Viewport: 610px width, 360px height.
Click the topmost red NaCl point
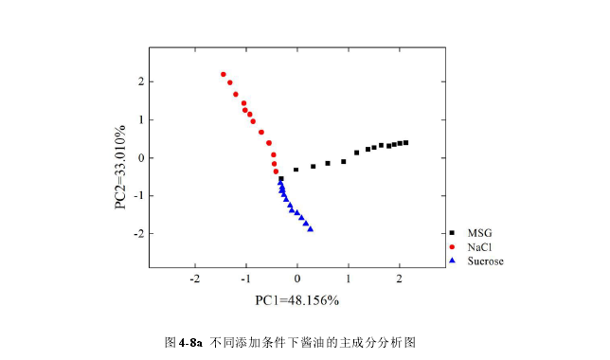224,74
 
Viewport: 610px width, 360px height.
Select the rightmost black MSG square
405,142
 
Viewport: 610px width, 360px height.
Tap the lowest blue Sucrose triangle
311,228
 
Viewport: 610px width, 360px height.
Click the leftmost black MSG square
280,178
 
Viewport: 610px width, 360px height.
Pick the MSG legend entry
480,232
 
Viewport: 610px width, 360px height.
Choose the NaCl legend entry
480,246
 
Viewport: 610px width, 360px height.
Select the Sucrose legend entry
486,260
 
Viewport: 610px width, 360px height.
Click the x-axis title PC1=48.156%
296,300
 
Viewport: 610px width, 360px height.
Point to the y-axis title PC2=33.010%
121,167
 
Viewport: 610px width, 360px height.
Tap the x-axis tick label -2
194,278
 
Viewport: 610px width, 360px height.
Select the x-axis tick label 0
297,278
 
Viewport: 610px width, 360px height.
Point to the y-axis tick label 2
139,82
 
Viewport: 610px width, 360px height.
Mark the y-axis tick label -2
136,234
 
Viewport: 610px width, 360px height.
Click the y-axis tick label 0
139,158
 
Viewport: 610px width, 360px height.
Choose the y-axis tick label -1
136,196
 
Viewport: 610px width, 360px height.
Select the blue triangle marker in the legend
453,260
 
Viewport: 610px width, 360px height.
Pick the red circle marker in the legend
453,246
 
